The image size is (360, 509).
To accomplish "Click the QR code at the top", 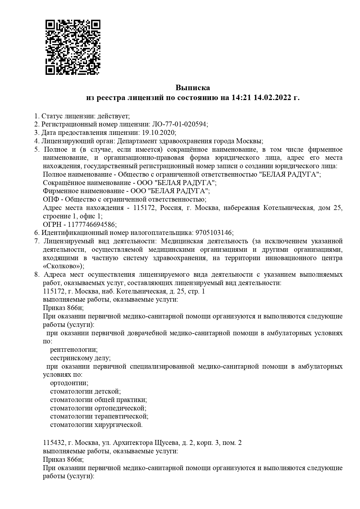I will [x=73, y=47].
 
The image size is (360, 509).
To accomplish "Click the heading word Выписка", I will [x=193, y=88].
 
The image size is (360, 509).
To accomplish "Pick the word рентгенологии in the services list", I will [x=74, y=350].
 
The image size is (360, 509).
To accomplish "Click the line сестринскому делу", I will [x=80, y=358].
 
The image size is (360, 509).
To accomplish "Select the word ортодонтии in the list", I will [x=69, y=383].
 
